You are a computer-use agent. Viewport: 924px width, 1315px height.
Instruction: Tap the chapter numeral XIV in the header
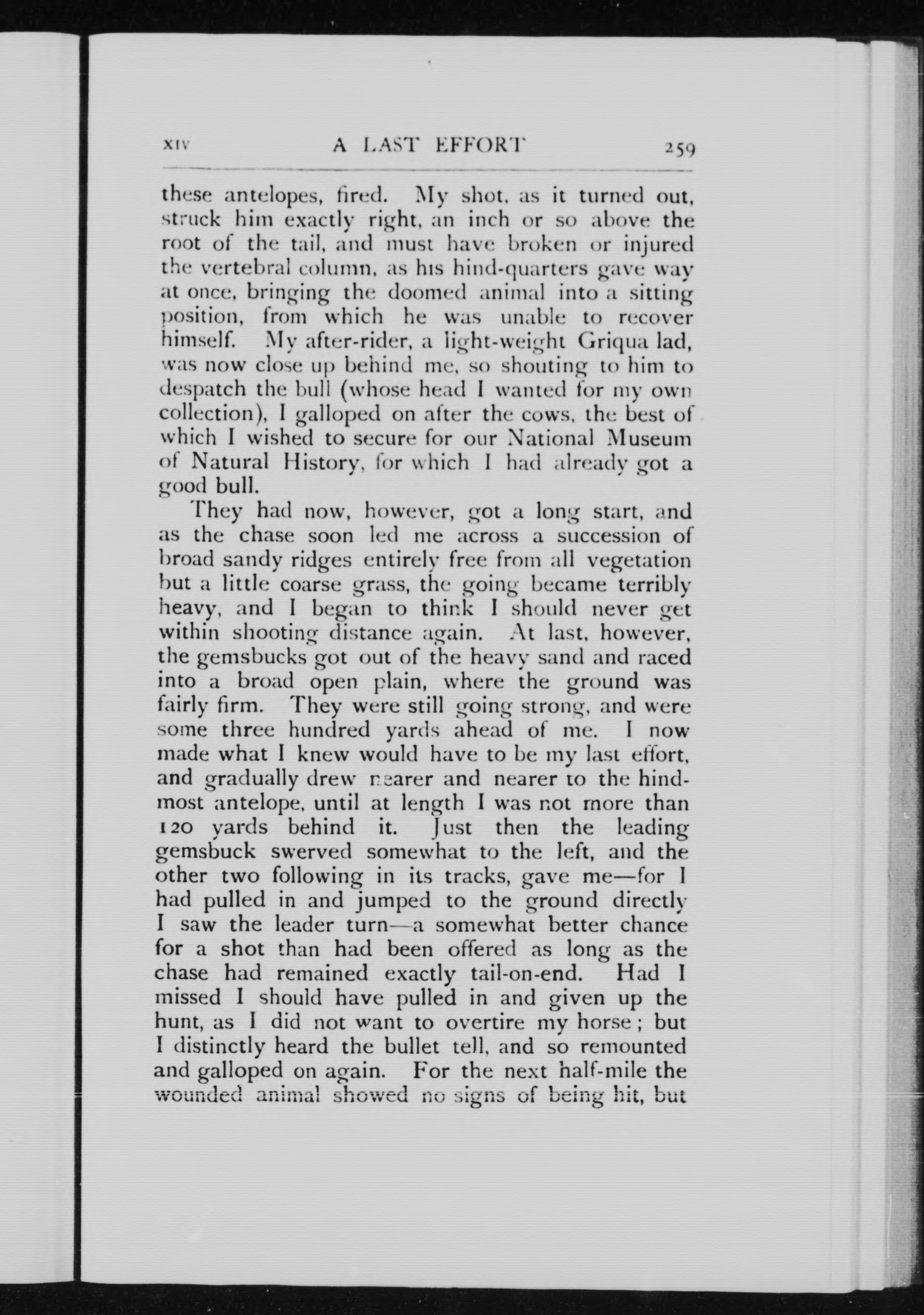point(177,147)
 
